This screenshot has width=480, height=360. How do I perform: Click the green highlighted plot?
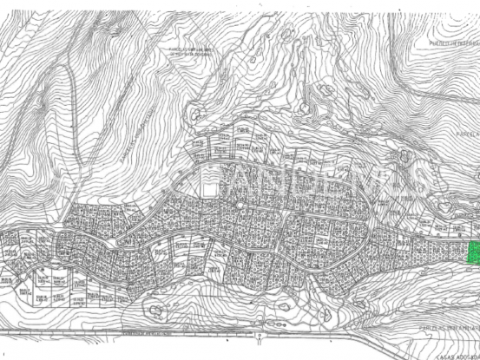coord(473,253)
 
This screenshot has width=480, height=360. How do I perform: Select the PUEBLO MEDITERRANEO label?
coord(455,42)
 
